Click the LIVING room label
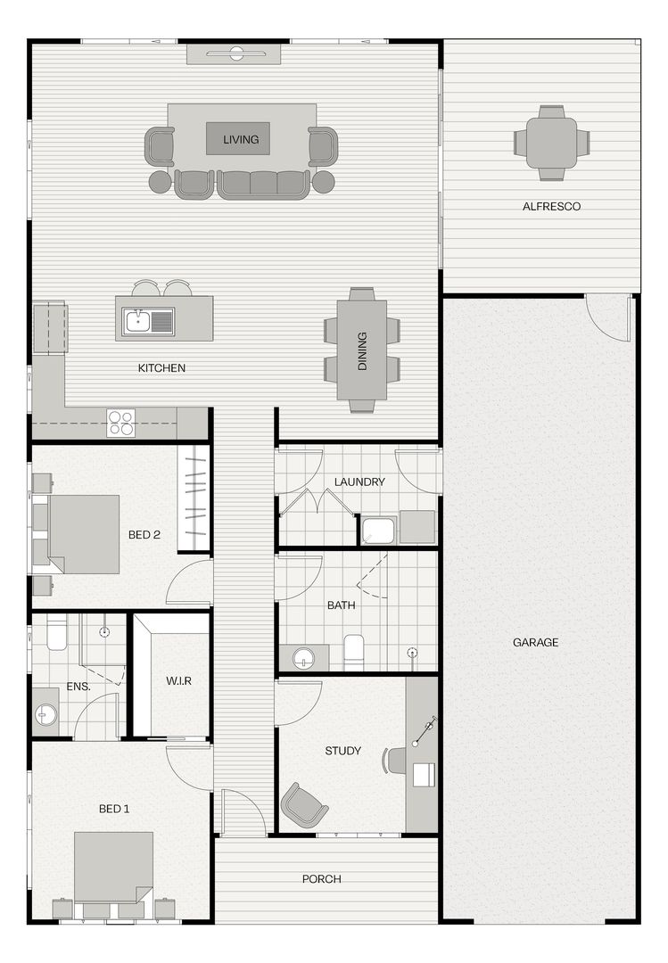click(241, 139)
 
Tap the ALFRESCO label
click(551, 206)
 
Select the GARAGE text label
click(535, 642)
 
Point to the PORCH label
click(321, 879)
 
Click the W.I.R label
click(178, 681)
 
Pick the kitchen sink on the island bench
click(137, 320)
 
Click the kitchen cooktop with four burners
click(120, 422)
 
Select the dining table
click(362, 350)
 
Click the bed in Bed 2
click(83, 533)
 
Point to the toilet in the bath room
click(354, 650)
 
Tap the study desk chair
click(394, 761)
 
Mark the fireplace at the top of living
click(236, 54)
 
